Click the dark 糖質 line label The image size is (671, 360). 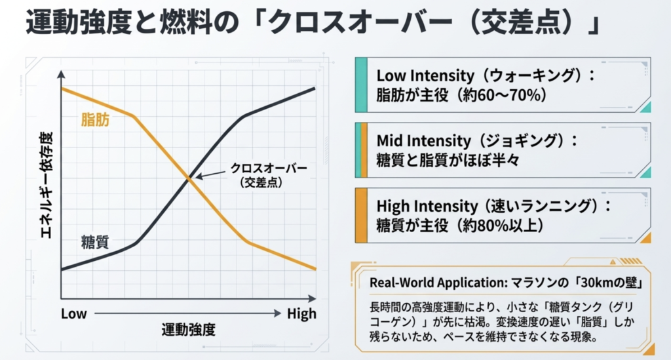[95, 241]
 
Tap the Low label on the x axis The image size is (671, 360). [73, 313]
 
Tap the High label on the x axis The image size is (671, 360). [301, 313]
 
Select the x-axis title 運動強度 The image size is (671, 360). [189, 330]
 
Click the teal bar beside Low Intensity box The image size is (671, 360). [360, 84]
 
